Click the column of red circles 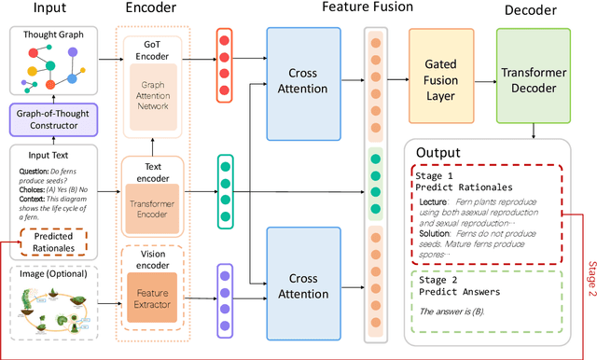[x=225, y=64]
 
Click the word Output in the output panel [x=439, y=152]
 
